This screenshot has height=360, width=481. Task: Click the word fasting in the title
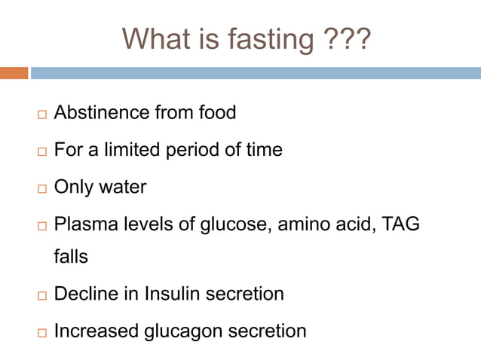(264, 39)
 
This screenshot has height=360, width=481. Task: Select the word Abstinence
(102, 113)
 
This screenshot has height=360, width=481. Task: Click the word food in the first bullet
(216, 113)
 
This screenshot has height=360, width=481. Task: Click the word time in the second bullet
(263, 150)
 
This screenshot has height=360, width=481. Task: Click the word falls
(71, 257)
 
